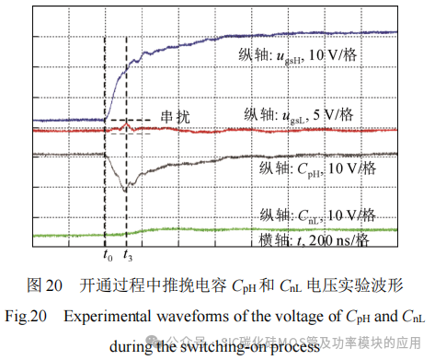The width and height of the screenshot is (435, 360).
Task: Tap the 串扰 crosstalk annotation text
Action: pyautogui.click(x=177, y=116)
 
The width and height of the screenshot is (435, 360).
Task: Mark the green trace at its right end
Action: pyautogui.click(x=395, y=229)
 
